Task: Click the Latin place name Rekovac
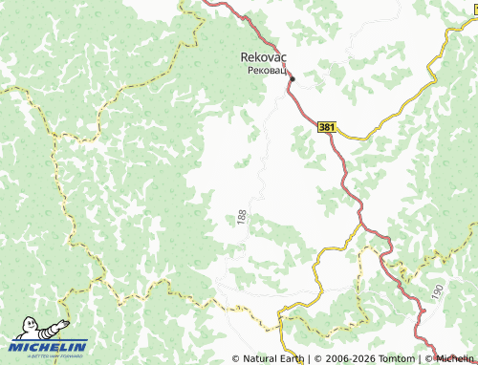(258, 57)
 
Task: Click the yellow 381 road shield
(327, 126)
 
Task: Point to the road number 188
(238, 219)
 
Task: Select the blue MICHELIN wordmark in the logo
(48, 347)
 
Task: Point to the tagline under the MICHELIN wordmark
(48, 356)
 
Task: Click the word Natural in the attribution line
(263, 359)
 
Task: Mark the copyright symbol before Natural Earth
(236, 359)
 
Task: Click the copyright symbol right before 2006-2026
(317, 359)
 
